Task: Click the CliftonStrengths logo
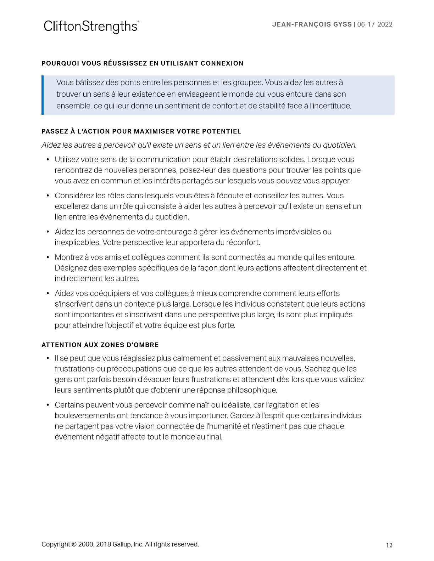pos(91,26)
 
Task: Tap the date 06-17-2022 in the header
pos(375,24)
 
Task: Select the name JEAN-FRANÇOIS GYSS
pos(312,24)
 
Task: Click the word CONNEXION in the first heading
pos(222,63)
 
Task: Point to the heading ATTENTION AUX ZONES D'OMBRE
pos(100,345)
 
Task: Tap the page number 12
pos(389,545)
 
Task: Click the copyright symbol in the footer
pos(74,544)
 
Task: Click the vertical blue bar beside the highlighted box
pos(43,95)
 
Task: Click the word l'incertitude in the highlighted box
pos(330,106)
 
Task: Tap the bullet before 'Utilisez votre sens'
pos(48,160)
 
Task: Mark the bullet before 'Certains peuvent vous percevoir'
pos(48,405)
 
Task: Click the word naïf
pos(212,405)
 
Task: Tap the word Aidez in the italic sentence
pos(51,145)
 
